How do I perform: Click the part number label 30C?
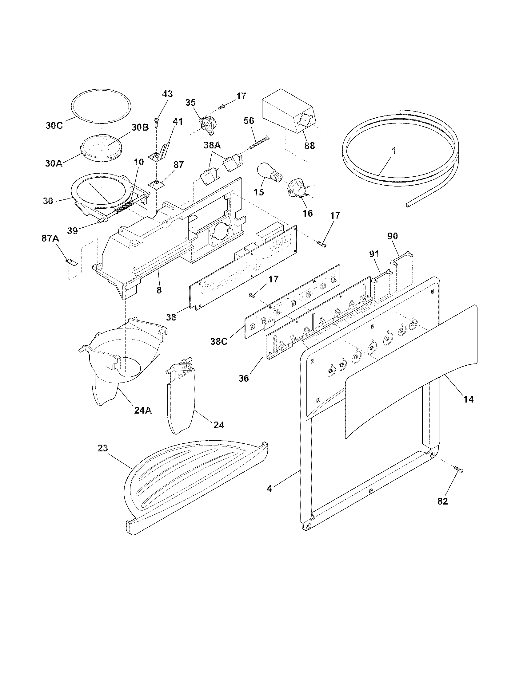(x=54, y=125)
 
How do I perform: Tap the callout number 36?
(x=244, y=378)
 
